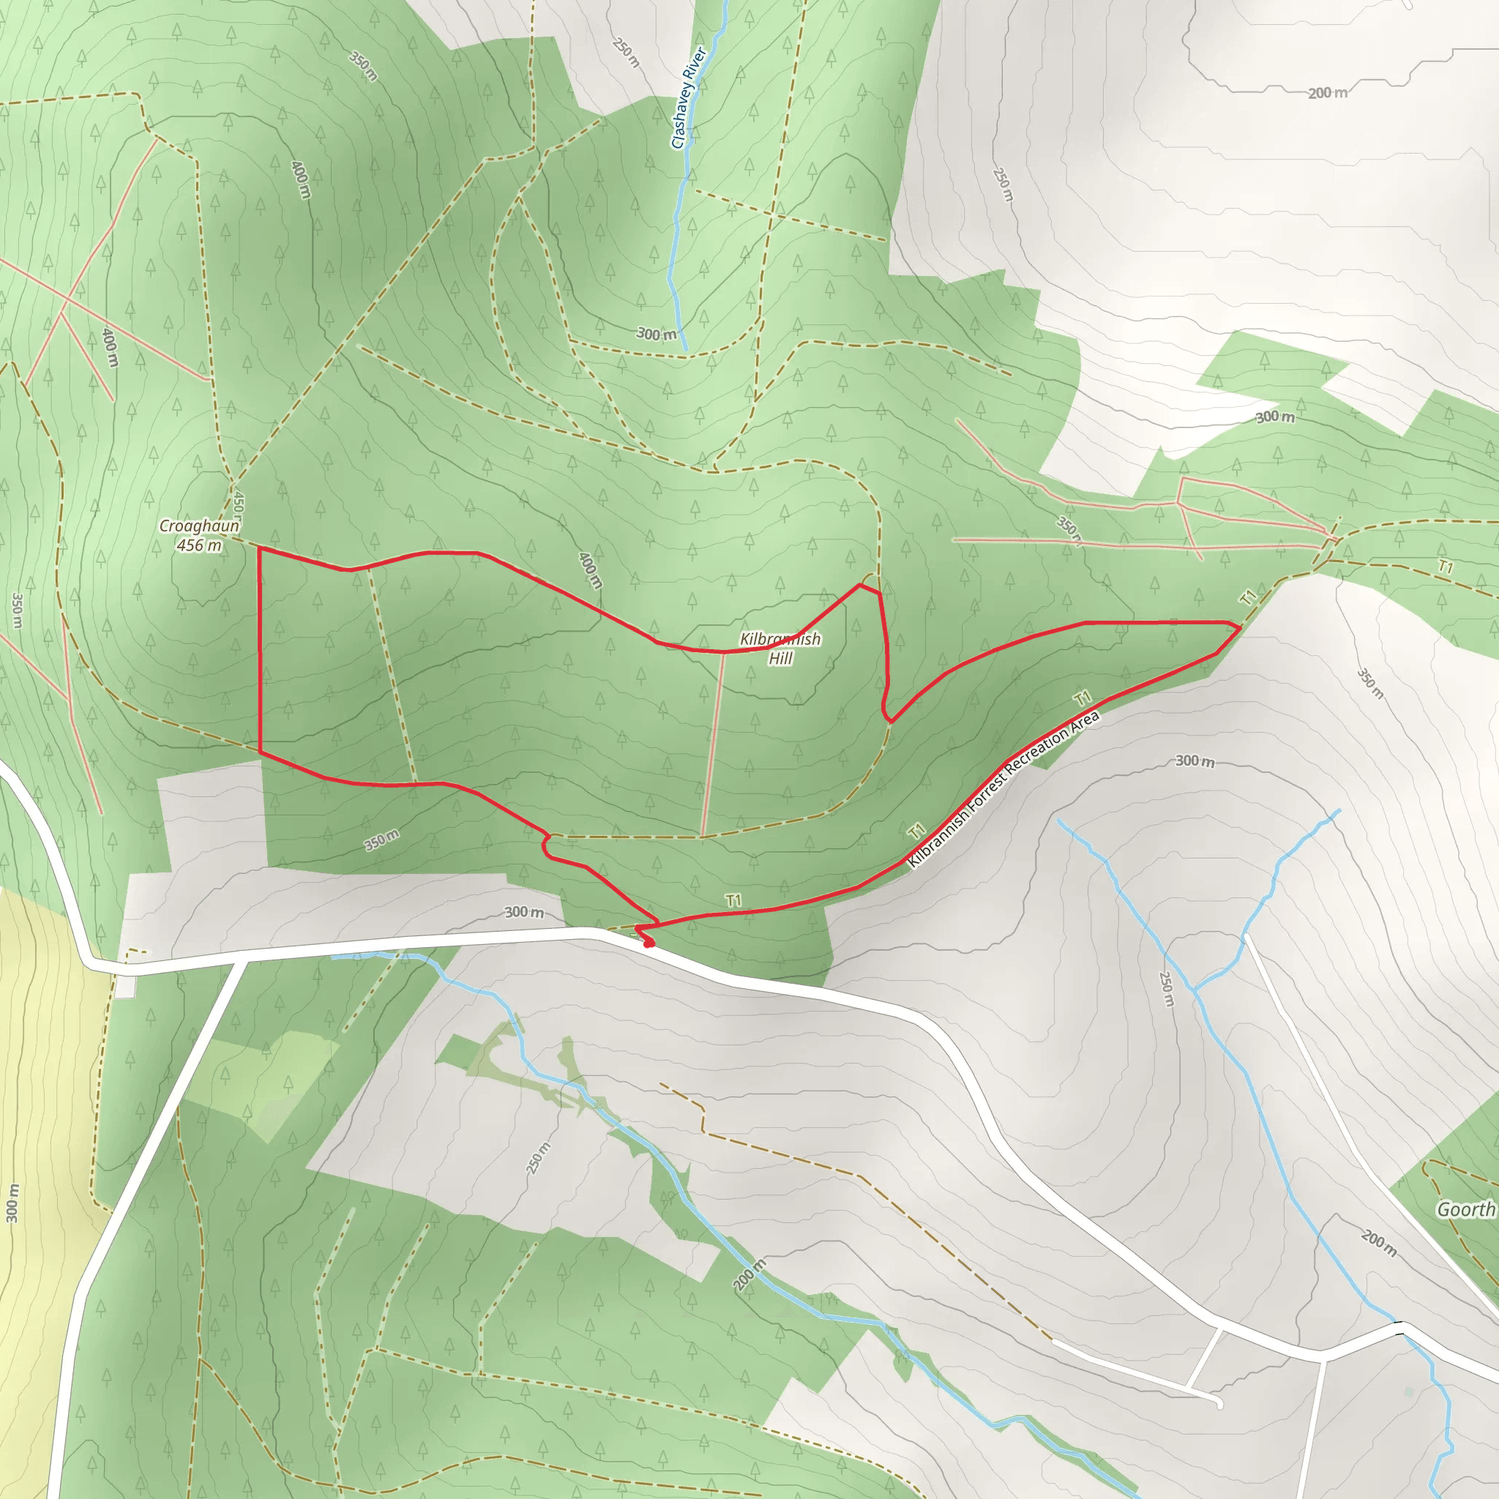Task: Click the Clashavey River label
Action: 689,98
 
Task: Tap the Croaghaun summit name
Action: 198,526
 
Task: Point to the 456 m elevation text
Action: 198,545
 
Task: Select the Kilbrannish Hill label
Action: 780,648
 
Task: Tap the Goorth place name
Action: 1465,1209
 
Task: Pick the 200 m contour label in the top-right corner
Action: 1327,93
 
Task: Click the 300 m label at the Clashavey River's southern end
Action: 656,334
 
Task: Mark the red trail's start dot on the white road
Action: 648,943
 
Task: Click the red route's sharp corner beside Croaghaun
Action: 259,548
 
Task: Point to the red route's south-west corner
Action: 259,752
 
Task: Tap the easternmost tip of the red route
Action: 1240,626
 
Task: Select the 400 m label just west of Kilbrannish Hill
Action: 590,570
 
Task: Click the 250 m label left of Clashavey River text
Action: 626,53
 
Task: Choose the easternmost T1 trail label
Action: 1444,567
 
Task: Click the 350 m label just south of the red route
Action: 382,840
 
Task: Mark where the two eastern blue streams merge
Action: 1196,992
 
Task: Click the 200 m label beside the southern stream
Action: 749,1275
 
